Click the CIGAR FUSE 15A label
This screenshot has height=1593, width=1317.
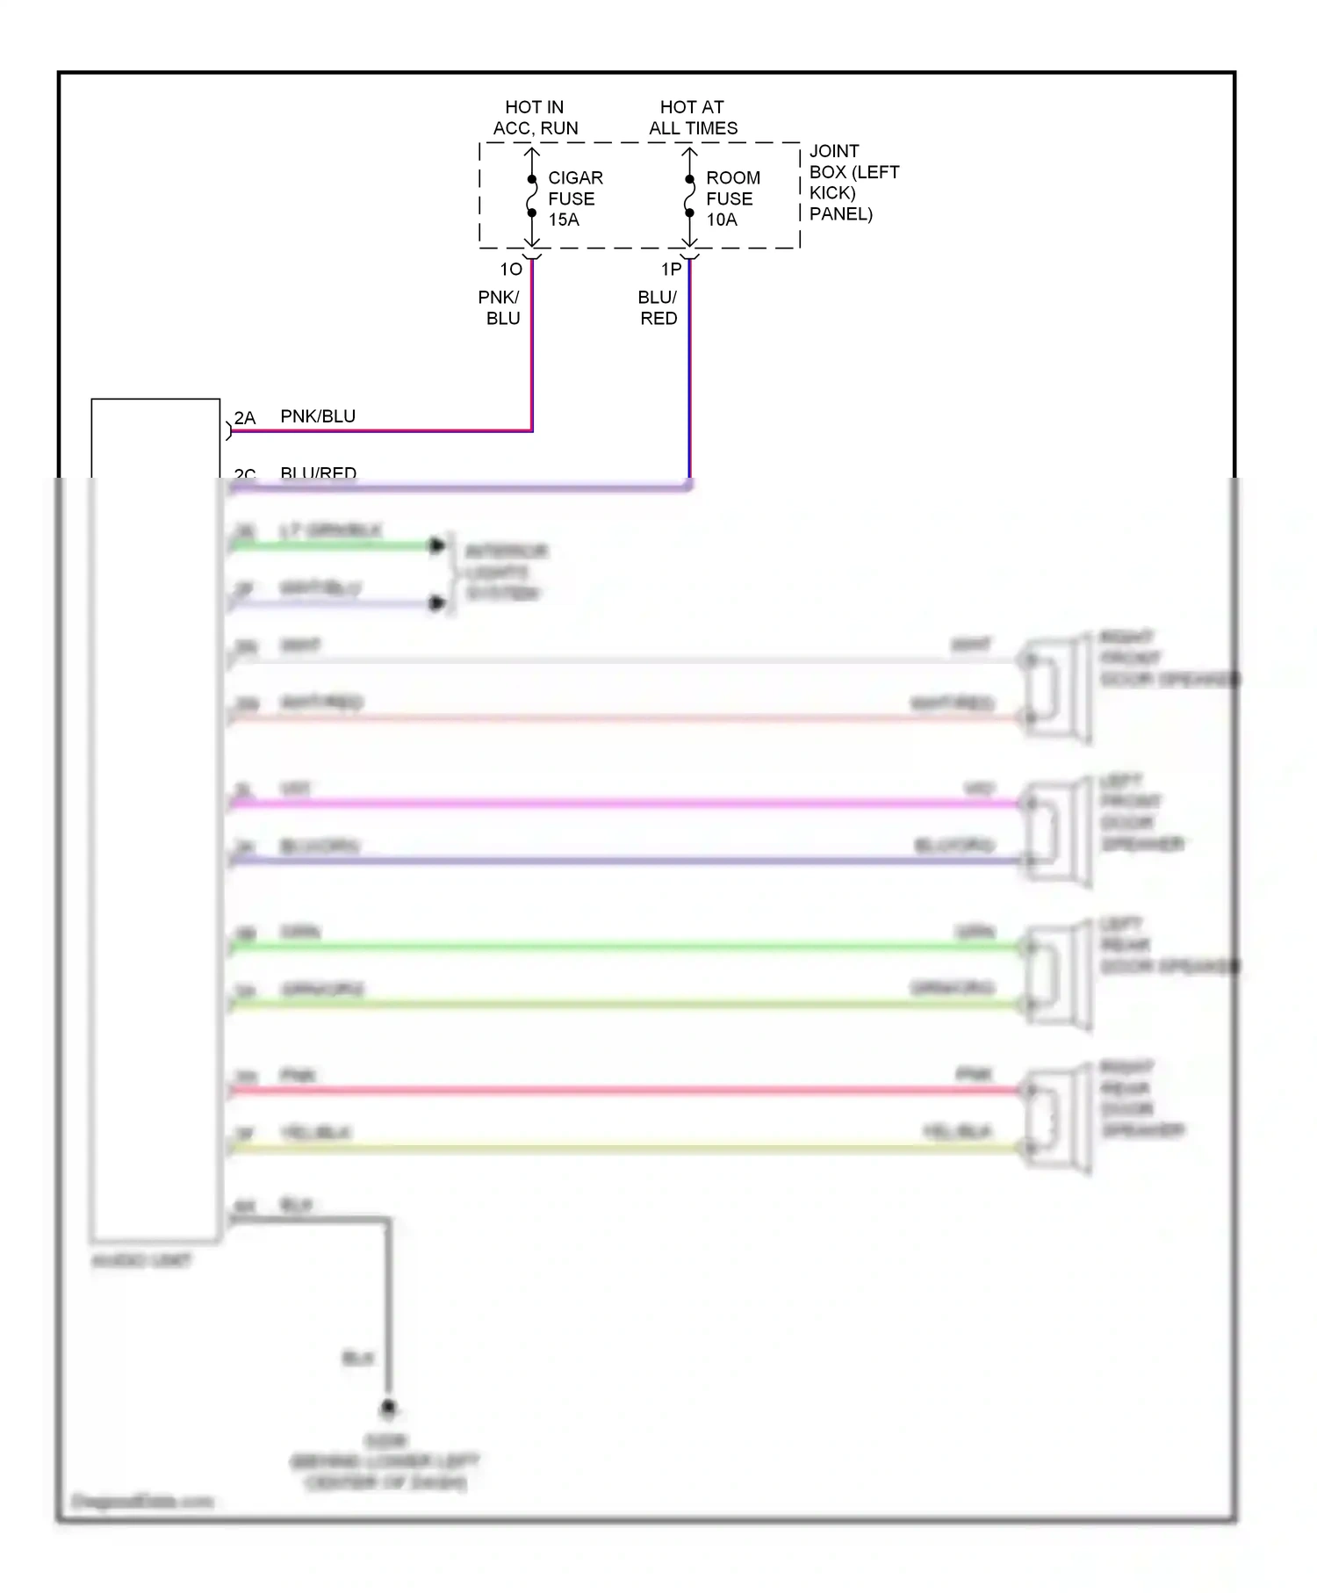click(574, 198)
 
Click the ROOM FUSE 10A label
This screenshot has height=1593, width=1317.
click(732, 198)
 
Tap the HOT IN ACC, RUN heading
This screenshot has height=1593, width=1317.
click(535, 118)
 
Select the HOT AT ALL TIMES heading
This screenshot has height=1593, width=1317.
click(693, 118)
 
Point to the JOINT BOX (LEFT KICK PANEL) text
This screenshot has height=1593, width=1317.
click(853, 183)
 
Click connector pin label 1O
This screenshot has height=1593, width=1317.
click(511, 270)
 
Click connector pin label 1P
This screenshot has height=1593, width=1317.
click(671, 270)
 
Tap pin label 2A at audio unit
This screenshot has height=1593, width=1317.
click(245, 418)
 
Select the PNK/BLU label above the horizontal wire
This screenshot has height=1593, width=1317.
click(318, 416)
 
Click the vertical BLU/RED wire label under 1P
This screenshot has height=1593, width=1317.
click(658, 308)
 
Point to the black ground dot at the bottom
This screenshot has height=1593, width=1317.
click(388, 1408)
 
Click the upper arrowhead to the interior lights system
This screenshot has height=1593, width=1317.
click(436, 546)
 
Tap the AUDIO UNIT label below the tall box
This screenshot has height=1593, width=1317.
click(141, 1261)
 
